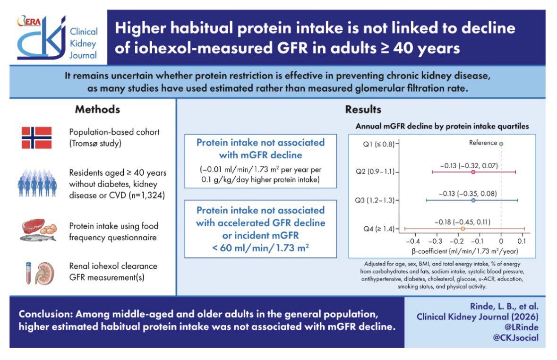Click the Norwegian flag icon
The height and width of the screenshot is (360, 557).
click(36, 137)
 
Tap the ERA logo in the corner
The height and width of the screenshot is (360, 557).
click(29, 21)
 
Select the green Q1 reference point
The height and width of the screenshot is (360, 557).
click(501, 144)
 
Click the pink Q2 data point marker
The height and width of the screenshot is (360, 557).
click(473, 172)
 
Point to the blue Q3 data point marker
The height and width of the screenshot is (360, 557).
click(473, 200)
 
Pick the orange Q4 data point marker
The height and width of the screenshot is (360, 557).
click(463, 229)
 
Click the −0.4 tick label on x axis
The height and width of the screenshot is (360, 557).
click(413, 241)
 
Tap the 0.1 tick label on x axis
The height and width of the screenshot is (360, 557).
click(522, 241)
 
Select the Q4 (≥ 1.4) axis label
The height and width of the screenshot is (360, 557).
click(379, 229)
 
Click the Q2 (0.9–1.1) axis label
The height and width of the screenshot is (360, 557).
click(375, 172)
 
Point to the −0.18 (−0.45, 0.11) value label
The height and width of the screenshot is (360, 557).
click(462, 222)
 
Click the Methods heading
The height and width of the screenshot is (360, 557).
click(97, 110)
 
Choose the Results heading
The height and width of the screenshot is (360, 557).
click(363, 110)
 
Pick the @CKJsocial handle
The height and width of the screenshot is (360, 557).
click(516, 338)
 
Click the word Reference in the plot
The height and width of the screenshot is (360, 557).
click(483, 143)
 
